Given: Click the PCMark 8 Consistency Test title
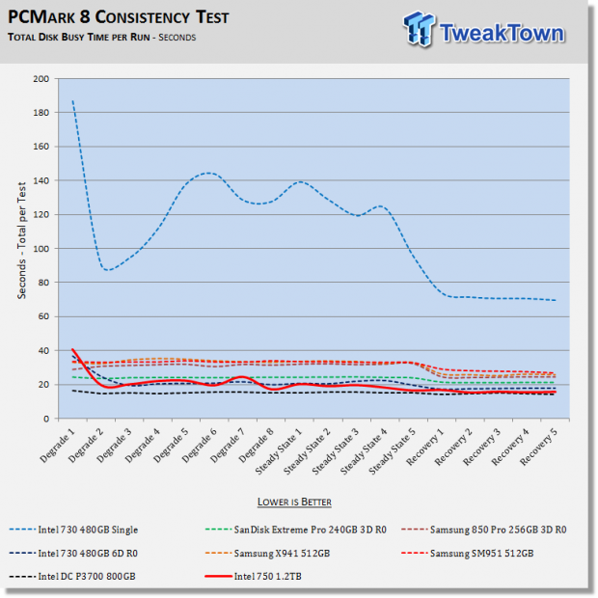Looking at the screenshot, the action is coord(119,17).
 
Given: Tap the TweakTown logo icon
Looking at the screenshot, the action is coord(420,29).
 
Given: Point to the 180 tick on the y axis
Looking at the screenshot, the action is coord(41,113).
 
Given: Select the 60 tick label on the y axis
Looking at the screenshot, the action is coord(43,316).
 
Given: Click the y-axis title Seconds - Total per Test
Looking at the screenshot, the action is coord(22,240).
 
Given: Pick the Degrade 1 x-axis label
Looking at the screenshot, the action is coord(58,445).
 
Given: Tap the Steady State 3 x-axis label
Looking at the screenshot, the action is coord(336,450).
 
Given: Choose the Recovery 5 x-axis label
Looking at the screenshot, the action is coord(538,447).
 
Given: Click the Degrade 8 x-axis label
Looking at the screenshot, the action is coord(256,445).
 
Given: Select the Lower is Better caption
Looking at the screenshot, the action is coord(294,502).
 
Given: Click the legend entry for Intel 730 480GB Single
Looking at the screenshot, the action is coord(73,530).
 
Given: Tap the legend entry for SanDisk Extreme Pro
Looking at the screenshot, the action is coord(295,530).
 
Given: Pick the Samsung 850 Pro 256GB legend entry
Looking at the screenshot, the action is coord(484,530).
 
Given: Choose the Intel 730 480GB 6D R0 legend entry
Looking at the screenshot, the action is coord(73,553).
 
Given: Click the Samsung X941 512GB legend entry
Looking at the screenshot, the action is coord(267,553).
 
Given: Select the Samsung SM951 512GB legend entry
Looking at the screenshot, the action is coord(468,553).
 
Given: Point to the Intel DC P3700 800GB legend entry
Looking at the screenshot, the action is coord(72,576).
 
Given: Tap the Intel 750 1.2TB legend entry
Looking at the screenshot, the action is coord(254,576).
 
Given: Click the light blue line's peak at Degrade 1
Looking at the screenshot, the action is coord(72,100).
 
